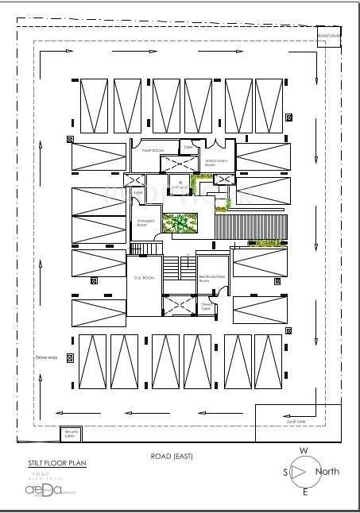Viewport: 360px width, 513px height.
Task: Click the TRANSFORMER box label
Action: (x=329, y=37)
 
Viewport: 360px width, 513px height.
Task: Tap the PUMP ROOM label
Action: (x=152, y=149)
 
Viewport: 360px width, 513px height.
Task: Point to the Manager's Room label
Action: (x=143, y=224)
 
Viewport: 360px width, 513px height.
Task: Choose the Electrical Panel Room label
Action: (x=210, y=278)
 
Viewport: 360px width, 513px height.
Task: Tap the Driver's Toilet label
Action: (x=206, y=306)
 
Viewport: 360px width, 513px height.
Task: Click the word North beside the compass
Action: (x=327, y=472)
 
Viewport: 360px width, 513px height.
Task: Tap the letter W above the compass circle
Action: (x=303, y=450)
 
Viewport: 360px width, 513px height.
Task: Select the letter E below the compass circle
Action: (x=304, y=493)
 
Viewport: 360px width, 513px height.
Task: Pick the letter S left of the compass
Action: (x=285, y=472)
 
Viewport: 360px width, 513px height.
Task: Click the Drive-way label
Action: (x=47, y=358)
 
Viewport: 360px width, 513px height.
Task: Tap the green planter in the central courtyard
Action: (x=178, y=225)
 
